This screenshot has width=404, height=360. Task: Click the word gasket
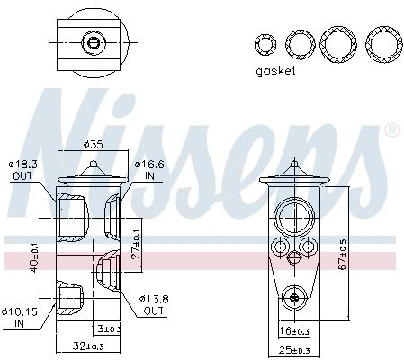point(275,71)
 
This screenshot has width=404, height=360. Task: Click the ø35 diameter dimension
point(93,145)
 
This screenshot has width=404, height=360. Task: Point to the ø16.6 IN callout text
point(149,170)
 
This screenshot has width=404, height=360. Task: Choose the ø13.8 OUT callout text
point(154,305)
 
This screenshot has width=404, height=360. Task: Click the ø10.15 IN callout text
point(20,318)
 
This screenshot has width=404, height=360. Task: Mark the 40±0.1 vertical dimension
point(34,258)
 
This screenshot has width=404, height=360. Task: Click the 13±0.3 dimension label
point(105,328)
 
